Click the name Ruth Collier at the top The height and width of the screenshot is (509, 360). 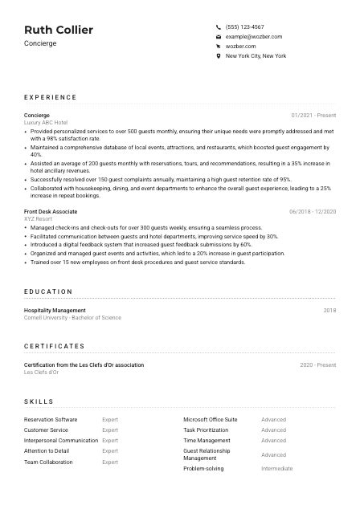pyautogui.click(x=59, y=30)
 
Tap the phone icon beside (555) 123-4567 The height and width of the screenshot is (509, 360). pyautogui.click(x=219, y=26)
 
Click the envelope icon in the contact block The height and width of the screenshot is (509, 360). pyautogui.click(x=219, y=37)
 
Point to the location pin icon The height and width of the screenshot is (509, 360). pyautogui.click(x=219, y=56)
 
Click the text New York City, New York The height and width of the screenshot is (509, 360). pyautogui.click(x=256, y=56)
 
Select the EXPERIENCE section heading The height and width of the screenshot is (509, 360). pyautogui.click(x=51, y=97)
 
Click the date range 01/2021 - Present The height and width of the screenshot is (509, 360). pyautogui.click(x=313, y=115)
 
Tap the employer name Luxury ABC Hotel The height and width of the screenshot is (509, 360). pyautogui.click(x=46, y=122)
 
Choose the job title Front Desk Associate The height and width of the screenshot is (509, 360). pyautogui.click(x=51, y=211)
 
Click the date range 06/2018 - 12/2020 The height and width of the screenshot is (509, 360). pyautogui.click(x=313, y=211)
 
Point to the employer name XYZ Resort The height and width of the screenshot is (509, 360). pyautogui.click(x=39, y=218)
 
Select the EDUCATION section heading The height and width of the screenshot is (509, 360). pyautogui.click(x=48, y=291)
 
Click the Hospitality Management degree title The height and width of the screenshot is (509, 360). pyautogui.click(x=55, y=310)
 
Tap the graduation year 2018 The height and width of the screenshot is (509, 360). pyautogui.click(x=329, y=310)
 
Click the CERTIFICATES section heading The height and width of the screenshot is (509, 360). pyautogui.click(x=54, y=346)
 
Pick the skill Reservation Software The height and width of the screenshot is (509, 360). pyautogui.click(x=51, y=419)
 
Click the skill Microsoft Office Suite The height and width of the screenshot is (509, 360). pyautogui.click(x=211, y=419)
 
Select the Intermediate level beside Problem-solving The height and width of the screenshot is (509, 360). pyautogui.click(x=277, y=468)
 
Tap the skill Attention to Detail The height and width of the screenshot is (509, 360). pyautogui.click(x=47, y=450)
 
